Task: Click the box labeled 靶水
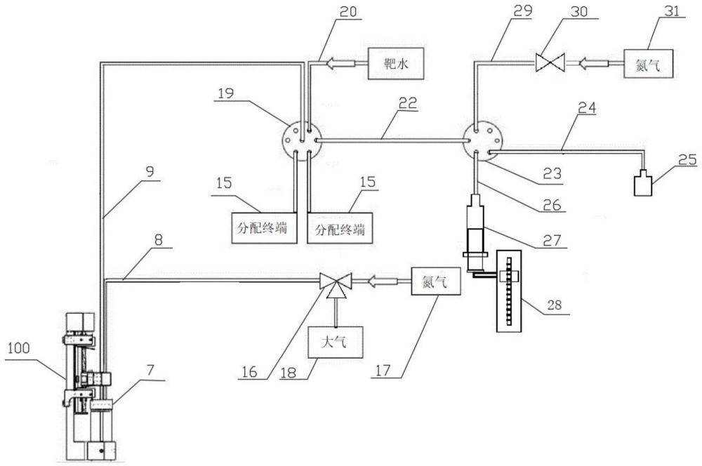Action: pyautogui.click(x=396, y=64)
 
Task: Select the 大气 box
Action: pyautogui.click(x=336, y=342)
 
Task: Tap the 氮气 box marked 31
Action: pyautogui.click(x=648, y=64)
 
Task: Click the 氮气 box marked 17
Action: pyautogui.click(x=436, y=281)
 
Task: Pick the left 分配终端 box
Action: pyautogui.click(x=264, y=228)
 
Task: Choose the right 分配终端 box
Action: pyautogui.click(x=340, y=228)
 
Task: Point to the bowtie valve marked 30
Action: pyautogui.click(x=550, y=63)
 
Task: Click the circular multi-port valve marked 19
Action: pyautogui.click(x=302, y=140)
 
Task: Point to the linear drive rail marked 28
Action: pyautogui.click(x=509, y=291)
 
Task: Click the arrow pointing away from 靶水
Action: pyautogui.click(x=340, y=64)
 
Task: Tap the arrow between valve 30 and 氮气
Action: pyautogui.click(x=594, y=64)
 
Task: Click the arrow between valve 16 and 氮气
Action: pyautogui.click(x=383, y=281)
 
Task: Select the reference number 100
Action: pyautogui.click(x=18, y=348)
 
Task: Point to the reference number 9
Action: pyautogui.click(x=150, y=171)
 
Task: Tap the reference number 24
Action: pyautogui.click(x=587, y=108)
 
